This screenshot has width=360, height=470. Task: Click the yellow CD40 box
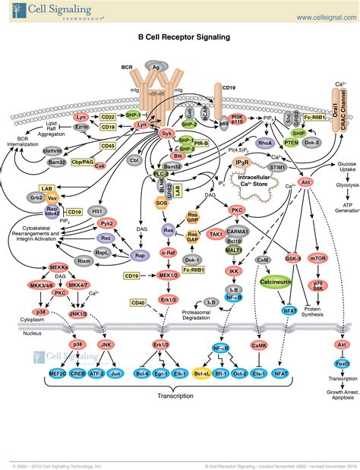point(138,303)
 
